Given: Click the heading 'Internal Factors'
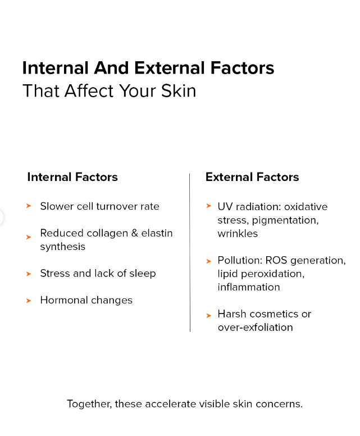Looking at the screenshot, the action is click(72, 177).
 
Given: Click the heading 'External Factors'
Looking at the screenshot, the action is click(252, 177).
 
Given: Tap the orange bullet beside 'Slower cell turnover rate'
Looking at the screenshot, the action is click(29, 206).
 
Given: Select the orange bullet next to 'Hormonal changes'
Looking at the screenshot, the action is click(29, 301).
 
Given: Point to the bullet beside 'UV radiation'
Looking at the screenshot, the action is click(209, 206).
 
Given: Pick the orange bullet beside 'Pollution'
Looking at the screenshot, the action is click(209, 261).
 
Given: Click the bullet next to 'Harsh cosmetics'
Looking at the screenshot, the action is click(209, 316).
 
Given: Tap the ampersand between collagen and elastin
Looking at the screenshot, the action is click(135, 233).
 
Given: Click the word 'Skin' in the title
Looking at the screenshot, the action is click(179, 90).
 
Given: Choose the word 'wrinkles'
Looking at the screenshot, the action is click(238, 234).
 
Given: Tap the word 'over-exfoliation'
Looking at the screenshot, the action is click(255, 327).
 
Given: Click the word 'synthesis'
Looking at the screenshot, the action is click(62, 247).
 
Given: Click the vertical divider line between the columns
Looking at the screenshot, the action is click(190, 252).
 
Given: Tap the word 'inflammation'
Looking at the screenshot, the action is click(249, 287).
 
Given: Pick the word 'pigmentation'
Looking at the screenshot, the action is click(285, 220).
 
